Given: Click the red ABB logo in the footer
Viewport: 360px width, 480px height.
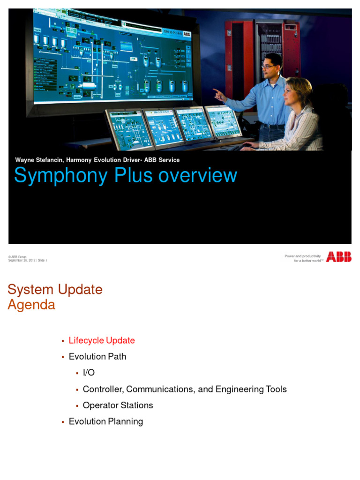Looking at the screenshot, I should click(338, 257).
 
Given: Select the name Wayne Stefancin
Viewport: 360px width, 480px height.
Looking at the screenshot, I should click(40, 160).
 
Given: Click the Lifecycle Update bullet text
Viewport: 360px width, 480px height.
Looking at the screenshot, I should click(102, 340).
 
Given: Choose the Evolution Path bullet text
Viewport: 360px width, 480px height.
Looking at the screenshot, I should click(97, 356).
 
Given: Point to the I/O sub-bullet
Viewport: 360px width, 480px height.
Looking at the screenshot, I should click(89, 373).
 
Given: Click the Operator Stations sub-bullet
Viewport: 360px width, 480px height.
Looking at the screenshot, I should click(118, 405).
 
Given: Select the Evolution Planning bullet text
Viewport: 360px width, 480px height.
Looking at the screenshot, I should click(106, 421).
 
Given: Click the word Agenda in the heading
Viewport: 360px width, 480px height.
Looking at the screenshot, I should click(31, 305).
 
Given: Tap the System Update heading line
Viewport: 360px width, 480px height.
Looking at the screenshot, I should click(55, 289).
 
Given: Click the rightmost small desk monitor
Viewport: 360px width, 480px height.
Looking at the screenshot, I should click(223, 121).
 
